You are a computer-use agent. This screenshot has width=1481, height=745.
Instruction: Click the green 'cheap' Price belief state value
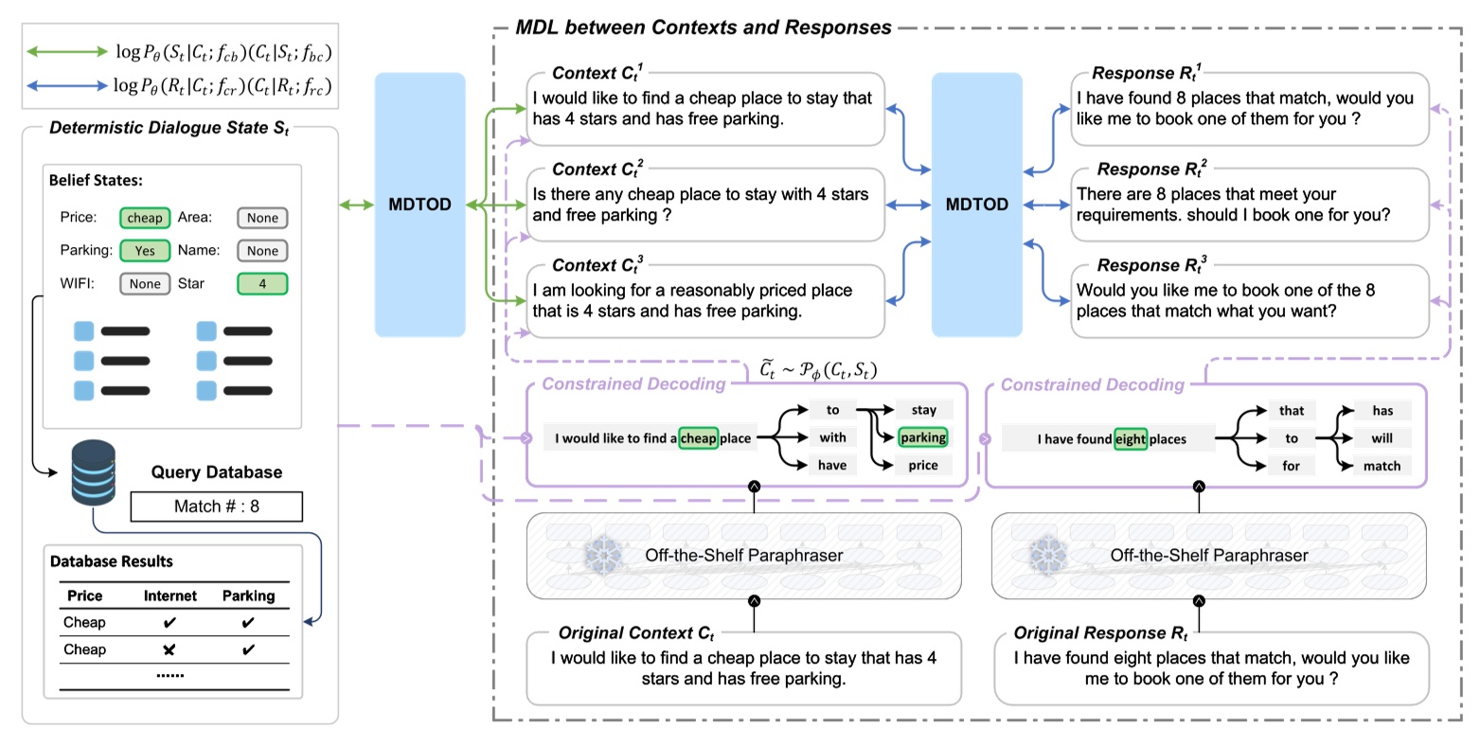click(x=145, y=218)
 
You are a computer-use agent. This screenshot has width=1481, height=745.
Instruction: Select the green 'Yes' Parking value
click(x=145, y=251)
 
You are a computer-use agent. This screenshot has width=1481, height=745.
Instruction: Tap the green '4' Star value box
click(x=262, y=284)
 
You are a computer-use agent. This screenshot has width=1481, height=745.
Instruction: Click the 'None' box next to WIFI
click(x=145, y=284)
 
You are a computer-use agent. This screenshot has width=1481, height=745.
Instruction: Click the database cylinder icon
click(x=94, y=473)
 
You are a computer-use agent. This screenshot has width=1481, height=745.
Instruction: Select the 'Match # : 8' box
click(x=216, y=506)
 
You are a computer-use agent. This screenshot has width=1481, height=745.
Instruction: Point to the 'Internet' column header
click(x=170, y=595)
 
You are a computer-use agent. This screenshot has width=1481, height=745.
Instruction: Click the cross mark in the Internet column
click(x=170, y=649)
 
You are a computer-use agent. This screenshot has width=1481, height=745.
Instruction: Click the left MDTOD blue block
click(x=419, y=204)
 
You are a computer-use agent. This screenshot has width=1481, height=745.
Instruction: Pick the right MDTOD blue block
click(x=976, y=204)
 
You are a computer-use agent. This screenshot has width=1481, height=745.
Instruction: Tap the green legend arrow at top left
click(x=67, y=52)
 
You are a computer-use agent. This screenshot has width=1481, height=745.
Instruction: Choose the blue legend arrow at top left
click(x=67, y=86)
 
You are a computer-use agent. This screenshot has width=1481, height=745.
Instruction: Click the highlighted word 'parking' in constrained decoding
click(x=923, y=437)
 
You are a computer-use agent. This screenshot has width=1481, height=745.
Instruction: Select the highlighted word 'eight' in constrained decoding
click(x=1130, y=439)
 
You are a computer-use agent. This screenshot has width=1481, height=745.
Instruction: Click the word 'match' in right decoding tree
click(x=1382, y=466)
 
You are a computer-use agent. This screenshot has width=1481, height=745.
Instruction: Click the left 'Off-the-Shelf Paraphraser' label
click(x=743, y=556)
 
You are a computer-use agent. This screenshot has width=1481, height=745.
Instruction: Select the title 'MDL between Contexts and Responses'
click(x=703, y=27)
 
